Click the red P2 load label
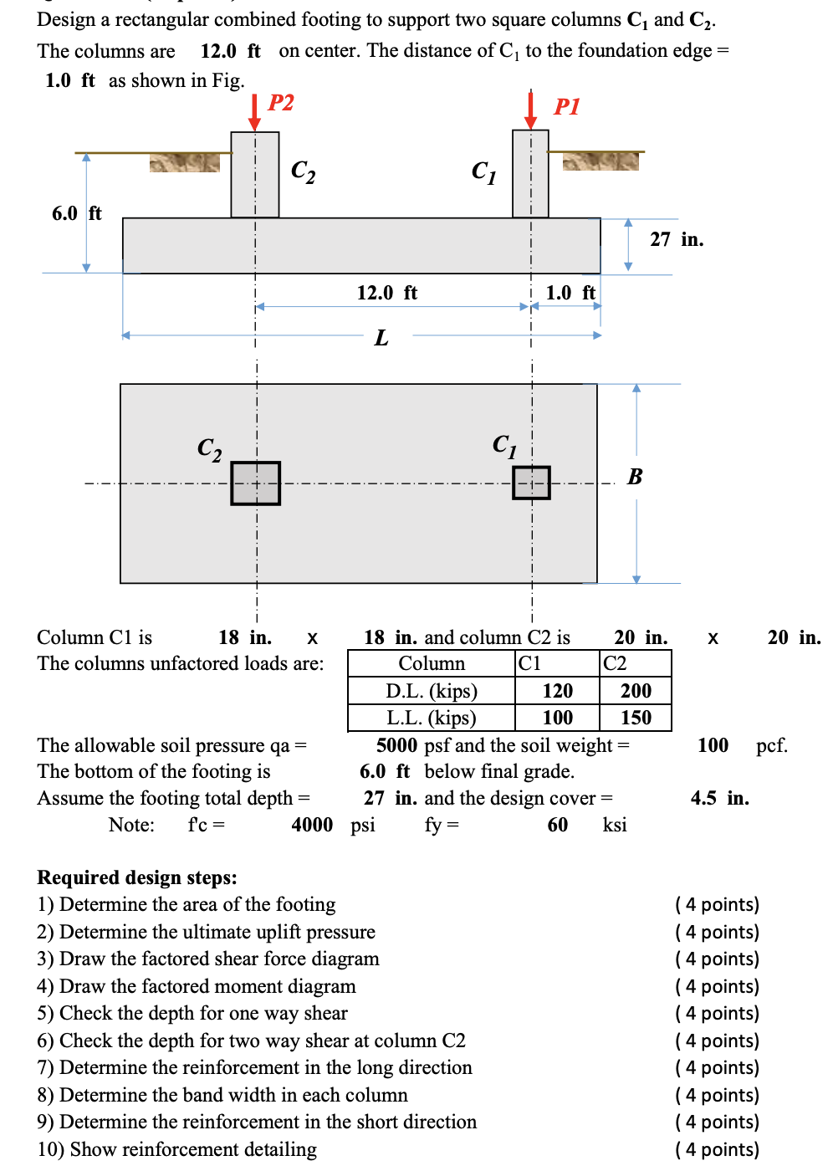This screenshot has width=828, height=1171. [280, 103]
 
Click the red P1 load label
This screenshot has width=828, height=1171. [566, 106]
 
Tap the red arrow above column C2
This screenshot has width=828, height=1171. [255, 113]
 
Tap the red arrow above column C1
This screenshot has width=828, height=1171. [530, 110]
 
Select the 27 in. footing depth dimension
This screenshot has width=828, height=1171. [676, 240]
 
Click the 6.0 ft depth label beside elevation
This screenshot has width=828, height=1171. [76, 213]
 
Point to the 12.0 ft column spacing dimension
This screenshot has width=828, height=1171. [386, 293]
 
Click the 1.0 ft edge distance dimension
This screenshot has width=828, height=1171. [570, 293]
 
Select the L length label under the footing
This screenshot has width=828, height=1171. [381, 338]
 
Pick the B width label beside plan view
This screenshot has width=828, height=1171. [635, 477]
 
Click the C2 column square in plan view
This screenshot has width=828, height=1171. [256, 483]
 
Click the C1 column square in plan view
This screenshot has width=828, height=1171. [531, 483]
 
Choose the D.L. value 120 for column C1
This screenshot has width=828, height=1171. [557, 691]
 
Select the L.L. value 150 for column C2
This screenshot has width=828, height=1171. [636, 718]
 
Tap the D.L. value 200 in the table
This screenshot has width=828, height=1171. [636, 691]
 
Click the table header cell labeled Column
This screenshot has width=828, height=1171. [432, 663]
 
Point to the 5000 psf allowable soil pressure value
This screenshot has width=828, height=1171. [396, 745]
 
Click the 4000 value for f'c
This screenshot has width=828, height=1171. [312, 825]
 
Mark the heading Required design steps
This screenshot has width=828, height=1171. [137, 877]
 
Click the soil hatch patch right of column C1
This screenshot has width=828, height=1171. [601, 161]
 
